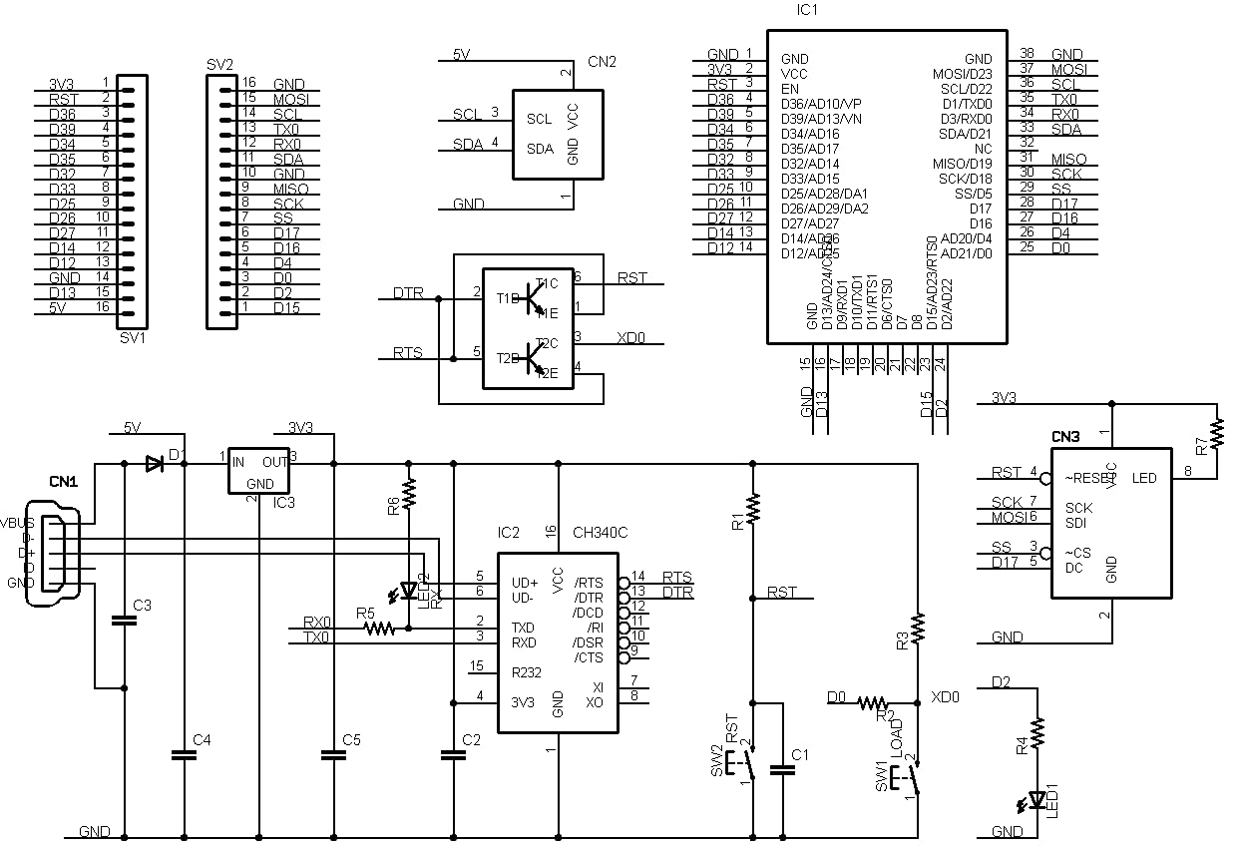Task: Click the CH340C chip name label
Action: click(x=600, y=533)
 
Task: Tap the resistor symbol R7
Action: click(x=1217, y=434)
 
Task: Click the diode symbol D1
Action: click(x=154, y=463)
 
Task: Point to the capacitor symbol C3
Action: click(x=125, y=621)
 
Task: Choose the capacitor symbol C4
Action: click(x=185, y=755)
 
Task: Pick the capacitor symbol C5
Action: click(x=333, y=755)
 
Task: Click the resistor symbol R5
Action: click(x=380, y=629)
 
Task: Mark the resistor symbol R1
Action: click(x=753, y=509)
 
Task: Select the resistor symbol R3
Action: click(x=918, y=628)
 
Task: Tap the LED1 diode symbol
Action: click(x=1037, y=798)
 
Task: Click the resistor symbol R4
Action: click(x=1037, y=735)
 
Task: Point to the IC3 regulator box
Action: click(x=259, y=470)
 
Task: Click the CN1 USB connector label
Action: click(x=65, y=481)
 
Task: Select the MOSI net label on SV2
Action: click(x=290, y=100)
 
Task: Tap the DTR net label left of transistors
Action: click(x=407, y=293)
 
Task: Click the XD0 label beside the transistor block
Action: click(x=631, y=338)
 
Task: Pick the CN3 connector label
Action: click(x=1065, y=437)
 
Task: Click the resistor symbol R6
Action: click(x=409, y=493)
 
